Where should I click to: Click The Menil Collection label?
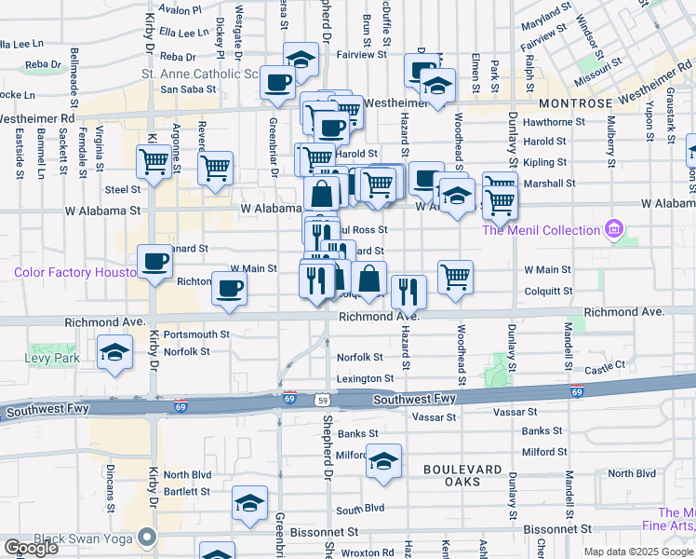pos(541,230)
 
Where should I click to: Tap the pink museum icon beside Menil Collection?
pos(612,228)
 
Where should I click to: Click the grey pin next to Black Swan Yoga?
pos(147,537)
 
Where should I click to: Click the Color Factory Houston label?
pos(74,272)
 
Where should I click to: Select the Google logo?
pos(31,548)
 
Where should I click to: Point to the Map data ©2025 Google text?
pos(638,552)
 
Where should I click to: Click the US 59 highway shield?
pos(321,400)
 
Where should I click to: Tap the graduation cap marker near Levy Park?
pos(114,353)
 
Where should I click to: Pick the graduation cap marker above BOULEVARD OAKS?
pos(382,461)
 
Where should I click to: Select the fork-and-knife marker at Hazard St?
pos(408,291)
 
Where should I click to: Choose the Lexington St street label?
pos(365,378)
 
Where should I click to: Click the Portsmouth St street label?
pos(196,334)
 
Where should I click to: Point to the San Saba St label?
pos(188,89)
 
